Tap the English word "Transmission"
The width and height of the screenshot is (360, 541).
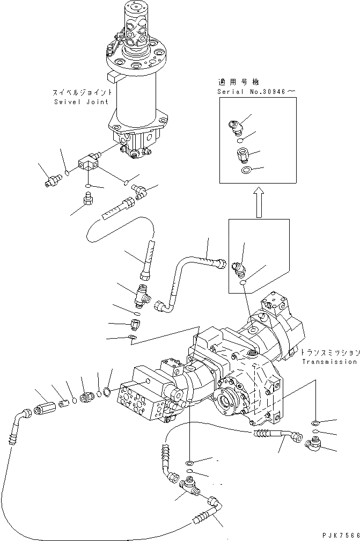[x=328, y=362]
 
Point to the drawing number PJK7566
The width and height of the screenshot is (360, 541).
[x=339, y=536]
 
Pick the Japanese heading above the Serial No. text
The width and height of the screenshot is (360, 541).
[x=238, y=82]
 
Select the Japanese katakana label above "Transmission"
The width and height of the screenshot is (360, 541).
[x=329, y=353]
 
